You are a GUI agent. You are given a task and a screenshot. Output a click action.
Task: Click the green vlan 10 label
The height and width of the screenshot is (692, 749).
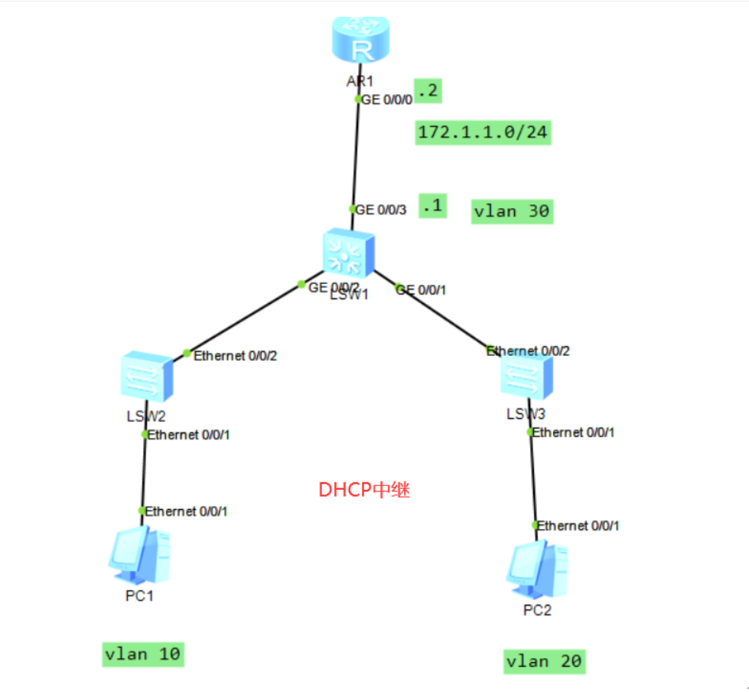[x=143, y=654]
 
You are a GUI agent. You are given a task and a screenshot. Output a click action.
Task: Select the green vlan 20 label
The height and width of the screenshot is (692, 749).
[x=544, y=661]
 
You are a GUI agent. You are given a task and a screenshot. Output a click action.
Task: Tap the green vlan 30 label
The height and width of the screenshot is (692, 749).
[x=511, y=211]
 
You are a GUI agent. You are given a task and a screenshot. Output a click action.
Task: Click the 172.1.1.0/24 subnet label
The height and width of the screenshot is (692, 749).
[x=483, y=132]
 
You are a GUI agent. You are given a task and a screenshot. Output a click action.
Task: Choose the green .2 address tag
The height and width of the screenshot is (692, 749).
[x=428, y=91]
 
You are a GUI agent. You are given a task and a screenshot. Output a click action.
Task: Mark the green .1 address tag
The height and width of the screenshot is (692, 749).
[x=432, y=206]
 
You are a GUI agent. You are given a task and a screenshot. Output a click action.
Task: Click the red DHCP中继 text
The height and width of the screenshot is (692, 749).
[x=364, y=490]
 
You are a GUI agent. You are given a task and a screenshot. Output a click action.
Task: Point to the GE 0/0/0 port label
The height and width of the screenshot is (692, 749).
[x=387, y=100]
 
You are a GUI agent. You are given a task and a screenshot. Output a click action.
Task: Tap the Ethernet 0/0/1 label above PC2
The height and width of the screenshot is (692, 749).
[x=578, y=526]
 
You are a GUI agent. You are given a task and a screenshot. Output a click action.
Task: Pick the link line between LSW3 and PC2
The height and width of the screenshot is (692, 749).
[x=532, y=478]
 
